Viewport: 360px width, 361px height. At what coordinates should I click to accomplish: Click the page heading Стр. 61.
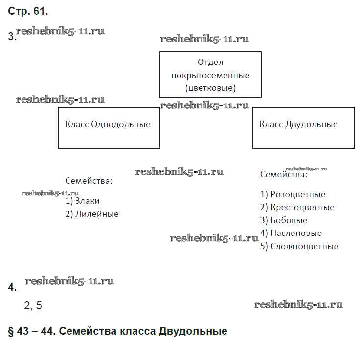[28, 11]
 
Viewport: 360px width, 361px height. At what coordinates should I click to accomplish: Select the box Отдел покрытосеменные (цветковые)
[210, 75]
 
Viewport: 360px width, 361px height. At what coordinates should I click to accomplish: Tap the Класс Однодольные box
[109, 127]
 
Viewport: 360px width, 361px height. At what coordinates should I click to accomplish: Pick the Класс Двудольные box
[303, 127]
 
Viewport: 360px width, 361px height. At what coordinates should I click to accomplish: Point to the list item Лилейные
[97, 214]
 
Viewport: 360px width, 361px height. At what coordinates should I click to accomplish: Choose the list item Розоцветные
[297, 194]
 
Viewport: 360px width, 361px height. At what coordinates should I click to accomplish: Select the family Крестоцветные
[302, 207]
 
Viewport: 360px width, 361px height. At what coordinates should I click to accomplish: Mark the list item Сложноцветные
[304, 246]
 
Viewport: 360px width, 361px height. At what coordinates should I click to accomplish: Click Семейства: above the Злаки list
[89, 181]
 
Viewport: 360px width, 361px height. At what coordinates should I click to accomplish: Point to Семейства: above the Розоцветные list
[283, 174]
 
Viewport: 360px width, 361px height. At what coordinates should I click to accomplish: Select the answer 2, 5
[33, 306]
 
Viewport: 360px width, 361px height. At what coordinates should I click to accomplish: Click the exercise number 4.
[12, 288]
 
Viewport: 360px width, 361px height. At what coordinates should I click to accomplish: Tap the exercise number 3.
[12, 37]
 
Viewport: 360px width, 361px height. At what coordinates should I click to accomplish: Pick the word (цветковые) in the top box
[210, 88]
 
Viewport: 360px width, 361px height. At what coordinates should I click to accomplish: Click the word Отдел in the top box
[210, 62]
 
